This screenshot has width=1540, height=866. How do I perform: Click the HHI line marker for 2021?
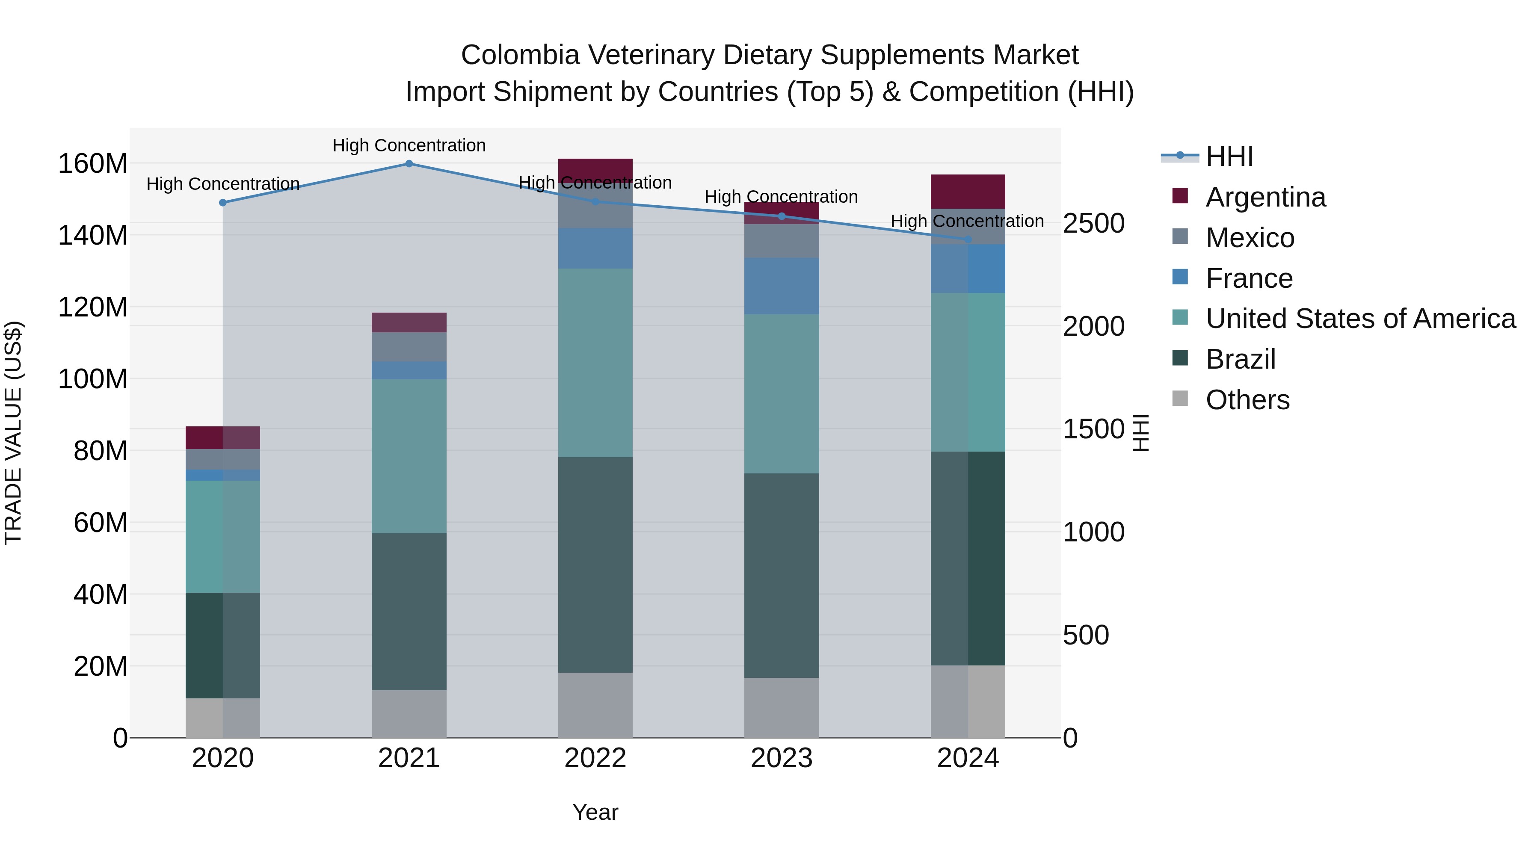[409, 164]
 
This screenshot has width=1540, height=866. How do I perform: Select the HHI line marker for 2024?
[968, 239]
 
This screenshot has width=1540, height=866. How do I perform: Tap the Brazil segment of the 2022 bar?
[595, 565]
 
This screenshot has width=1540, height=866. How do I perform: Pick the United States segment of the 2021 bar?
[409, 456]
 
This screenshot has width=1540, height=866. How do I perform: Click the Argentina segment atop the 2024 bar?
[968, 191]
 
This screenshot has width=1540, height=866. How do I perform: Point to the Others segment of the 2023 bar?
[782, 708]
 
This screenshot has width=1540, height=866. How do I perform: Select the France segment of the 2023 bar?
[782, 286]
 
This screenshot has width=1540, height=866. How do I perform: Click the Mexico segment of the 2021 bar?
[409, 347]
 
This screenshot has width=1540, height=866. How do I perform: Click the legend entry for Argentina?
[1265, 197]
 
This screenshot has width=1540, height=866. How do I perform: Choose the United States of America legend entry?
[1360, 319]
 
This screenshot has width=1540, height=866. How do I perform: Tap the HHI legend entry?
[1229, 157]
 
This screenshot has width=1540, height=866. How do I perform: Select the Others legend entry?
[1247, 400]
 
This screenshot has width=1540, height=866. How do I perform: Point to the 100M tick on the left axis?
[93, 379]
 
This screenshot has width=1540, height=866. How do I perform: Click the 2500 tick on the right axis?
[1093, 224]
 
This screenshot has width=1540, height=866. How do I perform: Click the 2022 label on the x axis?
[595, 758]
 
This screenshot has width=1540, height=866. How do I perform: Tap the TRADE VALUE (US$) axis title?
[13, 433]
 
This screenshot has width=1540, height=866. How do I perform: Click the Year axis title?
[595, 812]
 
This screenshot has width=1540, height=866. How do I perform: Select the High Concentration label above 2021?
[409, 145]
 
